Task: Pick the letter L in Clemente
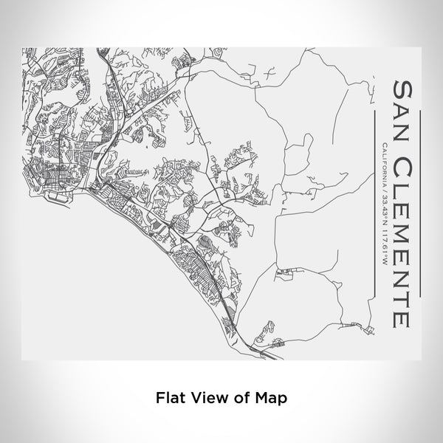pos(402,185)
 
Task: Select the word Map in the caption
pos(270,397)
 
